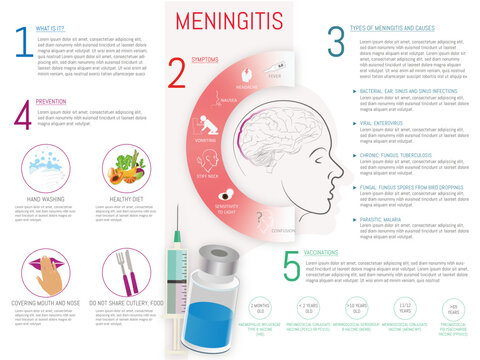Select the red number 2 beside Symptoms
click(178, 72)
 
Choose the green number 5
click(291, 265)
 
